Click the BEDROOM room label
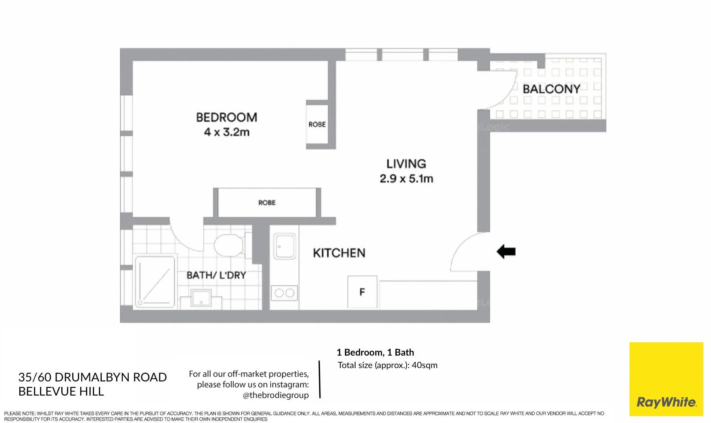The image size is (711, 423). [226, 117]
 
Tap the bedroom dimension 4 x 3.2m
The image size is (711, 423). [226, 132]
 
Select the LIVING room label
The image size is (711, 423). [406, 163]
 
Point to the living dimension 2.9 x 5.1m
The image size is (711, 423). [406, 178]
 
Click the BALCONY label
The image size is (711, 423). [551, 89]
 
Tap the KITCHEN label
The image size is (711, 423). [339, 253]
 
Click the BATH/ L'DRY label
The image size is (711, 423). [216, 275]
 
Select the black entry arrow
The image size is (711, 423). [506, 251]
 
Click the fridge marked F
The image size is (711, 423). [362, 292]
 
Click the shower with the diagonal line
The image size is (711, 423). [155, 282]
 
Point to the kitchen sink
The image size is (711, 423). [284, 246]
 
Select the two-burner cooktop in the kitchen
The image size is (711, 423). [284, 293]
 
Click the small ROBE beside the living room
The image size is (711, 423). [317, 124]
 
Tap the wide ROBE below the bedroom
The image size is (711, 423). [267, 203]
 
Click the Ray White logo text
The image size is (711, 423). [666, 402]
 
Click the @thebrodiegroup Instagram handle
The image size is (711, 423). [276, 395]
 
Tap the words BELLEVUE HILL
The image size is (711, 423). [61, 391]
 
